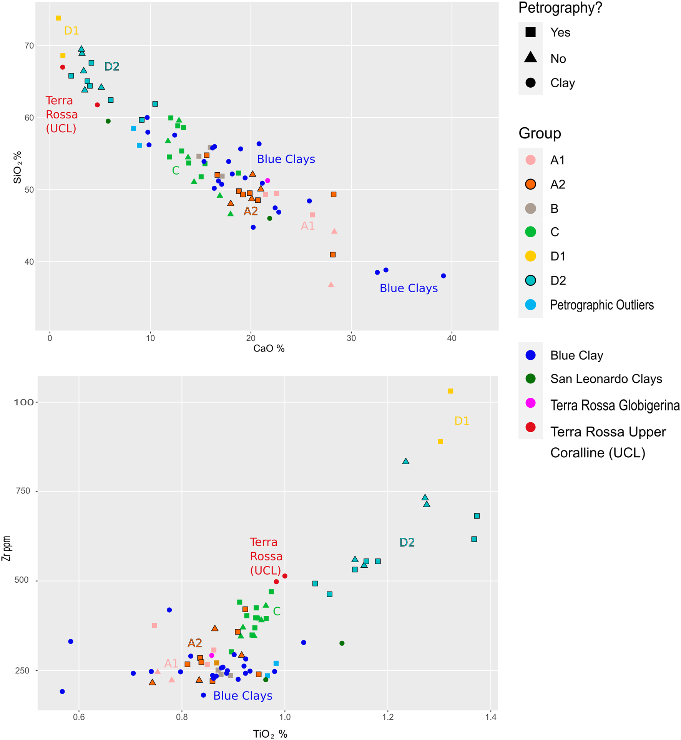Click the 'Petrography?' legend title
point(560,8)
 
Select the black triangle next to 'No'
point(530,58)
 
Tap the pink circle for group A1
point(530,160)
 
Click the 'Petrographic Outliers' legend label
point(601,305)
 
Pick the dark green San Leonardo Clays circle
point(530,379)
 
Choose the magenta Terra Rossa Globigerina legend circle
point(530,403)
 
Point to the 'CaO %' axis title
point(269,348)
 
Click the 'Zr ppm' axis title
point(6,548)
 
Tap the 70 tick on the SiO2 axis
point(29,46)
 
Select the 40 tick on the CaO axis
point(452,338)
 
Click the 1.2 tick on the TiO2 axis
point(388,717)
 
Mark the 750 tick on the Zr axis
point(22,491)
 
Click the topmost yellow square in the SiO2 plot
point(58,18)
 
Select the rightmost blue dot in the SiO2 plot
point(443,276)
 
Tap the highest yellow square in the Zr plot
point(450,391)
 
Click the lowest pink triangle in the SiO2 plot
point(331,285)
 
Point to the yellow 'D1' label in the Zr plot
point(462,421)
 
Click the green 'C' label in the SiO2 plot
point(176,170)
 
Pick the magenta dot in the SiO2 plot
point(268,181)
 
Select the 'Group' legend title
point(540,133)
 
